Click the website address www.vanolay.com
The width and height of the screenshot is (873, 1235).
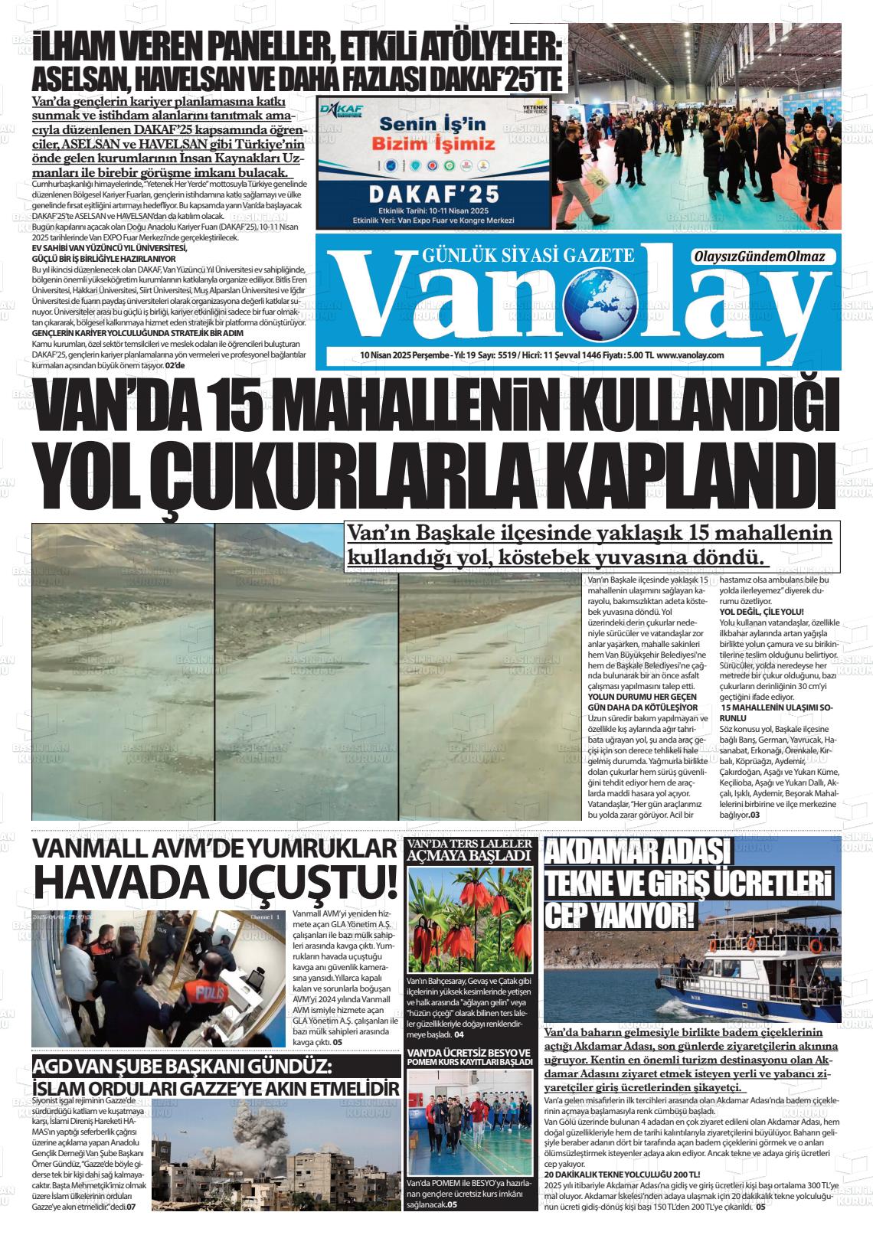pyautogui.click(x=690, y=355)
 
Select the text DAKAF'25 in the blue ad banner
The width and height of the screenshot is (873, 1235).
pyautogui.click(x=434, y=194)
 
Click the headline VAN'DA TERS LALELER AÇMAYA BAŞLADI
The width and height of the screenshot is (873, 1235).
pyautogui.click(x=469, y=850)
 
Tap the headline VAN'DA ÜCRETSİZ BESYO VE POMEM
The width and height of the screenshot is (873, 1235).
pyautogui.click(x=469, y=1057)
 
